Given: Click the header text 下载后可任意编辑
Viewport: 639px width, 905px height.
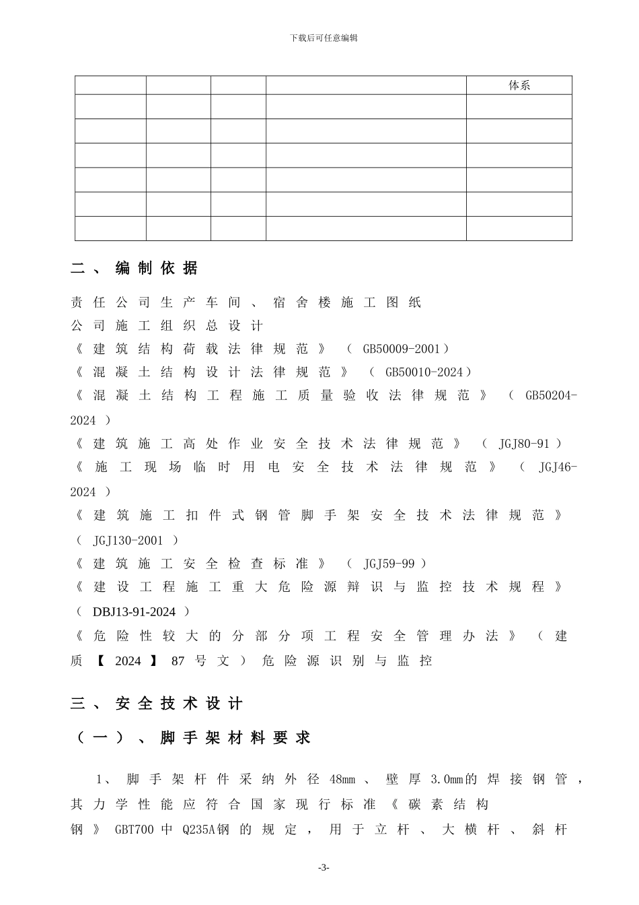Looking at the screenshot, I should (324, 38).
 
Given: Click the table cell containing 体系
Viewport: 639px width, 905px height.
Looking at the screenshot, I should (519, 86).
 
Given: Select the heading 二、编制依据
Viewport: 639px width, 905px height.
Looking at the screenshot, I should (135, 268).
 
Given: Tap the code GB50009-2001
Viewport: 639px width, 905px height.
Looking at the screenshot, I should (401, 349).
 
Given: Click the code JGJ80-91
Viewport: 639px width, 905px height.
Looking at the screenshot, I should (523, 444).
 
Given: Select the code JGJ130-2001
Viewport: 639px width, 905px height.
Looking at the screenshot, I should (128, 540).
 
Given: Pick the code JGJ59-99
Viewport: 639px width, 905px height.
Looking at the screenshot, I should (389, 564).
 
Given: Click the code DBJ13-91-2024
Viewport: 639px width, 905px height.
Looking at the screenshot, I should (134, 611).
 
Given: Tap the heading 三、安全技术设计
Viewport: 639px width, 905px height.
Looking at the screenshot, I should (157, 704).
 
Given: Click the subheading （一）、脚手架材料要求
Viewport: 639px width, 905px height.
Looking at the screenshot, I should (191, 738).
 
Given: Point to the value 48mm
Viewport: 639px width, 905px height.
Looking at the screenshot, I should (342, 780).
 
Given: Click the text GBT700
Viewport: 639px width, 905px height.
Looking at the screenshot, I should (134, 830).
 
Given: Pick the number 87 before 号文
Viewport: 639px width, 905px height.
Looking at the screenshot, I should (178, 661).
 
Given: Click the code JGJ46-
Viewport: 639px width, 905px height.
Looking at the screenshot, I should (557, 467).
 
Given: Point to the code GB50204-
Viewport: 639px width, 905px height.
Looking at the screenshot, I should (550, 395).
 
